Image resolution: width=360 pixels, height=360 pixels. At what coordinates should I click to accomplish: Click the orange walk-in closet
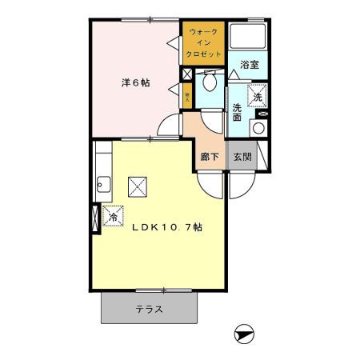pos(203,42)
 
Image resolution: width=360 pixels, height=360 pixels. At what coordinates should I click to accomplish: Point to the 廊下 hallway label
pos(210,157)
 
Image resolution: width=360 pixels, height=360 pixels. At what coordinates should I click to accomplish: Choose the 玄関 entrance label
pos(242,157)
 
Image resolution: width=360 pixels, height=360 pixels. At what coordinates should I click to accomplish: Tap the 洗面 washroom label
pos(238,113)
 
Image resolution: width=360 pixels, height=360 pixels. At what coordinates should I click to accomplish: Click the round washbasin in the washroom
pos(258,129)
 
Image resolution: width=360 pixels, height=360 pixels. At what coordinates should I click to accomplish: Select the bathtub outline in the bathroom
pos(249,37)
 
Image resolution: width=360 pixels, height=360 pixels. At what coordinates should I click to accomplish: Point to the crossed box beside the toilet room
pos(187,74)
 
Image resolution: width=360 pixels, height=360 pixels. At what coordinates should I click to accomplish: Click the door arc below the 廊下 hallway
pos(210,184)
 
